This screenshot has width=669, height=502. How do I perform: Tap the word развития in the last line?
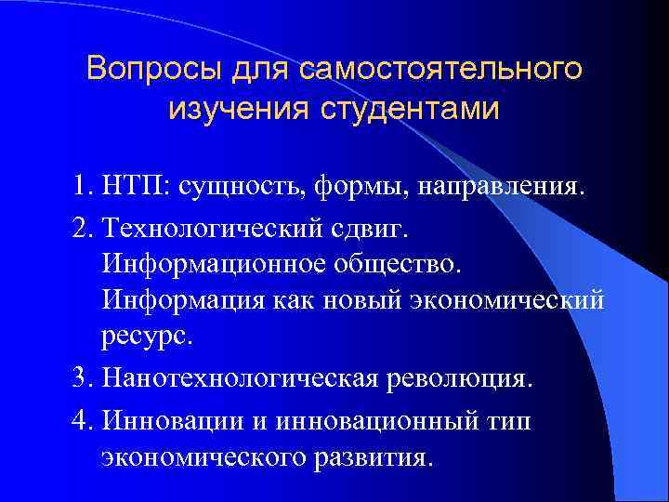[x=381, y=456]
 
